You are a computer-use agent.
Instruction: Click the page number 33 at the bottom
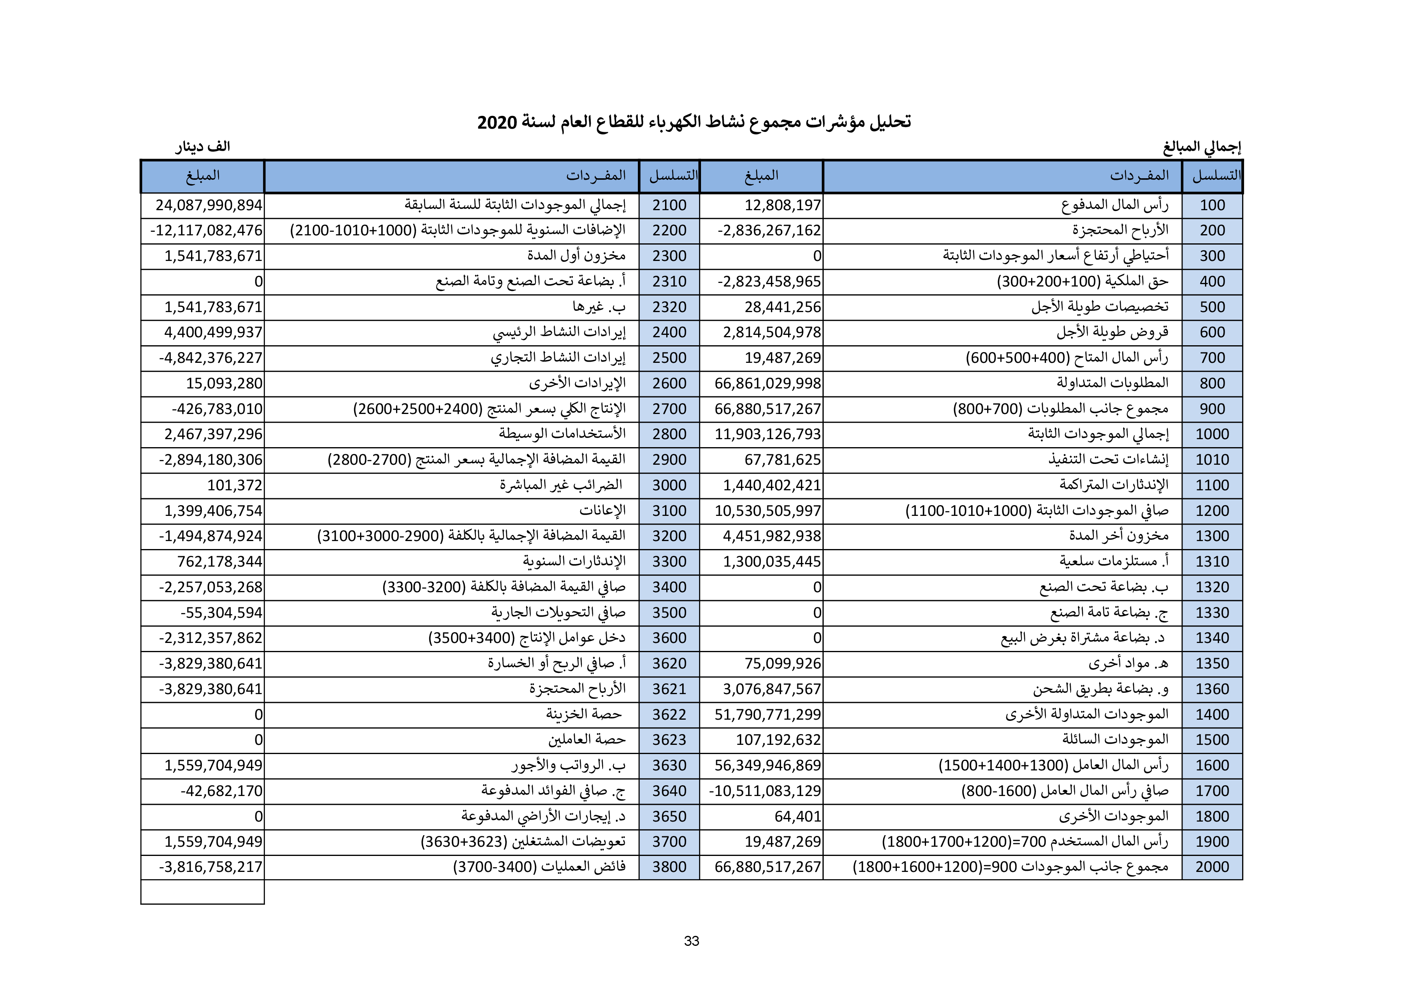pos(691,941)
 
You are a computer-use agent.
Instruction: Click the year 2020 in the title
pos(497,122)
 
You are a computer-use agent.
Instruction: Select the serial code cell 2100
pos(669,205)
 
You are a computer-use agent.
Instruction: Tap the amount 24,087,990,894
pos(209,205)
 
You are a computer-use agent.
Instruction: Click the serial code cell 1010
pos(1212,460)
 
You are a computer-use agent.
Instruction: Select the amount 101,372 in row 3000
pos(235,486)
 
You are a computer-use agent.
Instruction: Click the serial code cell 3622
pos(669,714)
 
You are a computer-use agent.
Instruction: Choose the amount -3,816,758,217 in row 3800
pos(211,867)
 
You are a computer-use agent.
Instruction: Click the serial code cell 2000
pos(1212,867)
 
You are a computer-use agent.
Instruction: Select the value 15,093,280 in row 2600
pos(224,384)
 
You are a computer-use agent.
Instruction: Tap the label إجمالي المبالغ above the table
pos(1202,147)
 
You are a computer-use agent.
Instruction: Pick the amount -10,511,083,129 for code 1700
pos(765,791)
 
